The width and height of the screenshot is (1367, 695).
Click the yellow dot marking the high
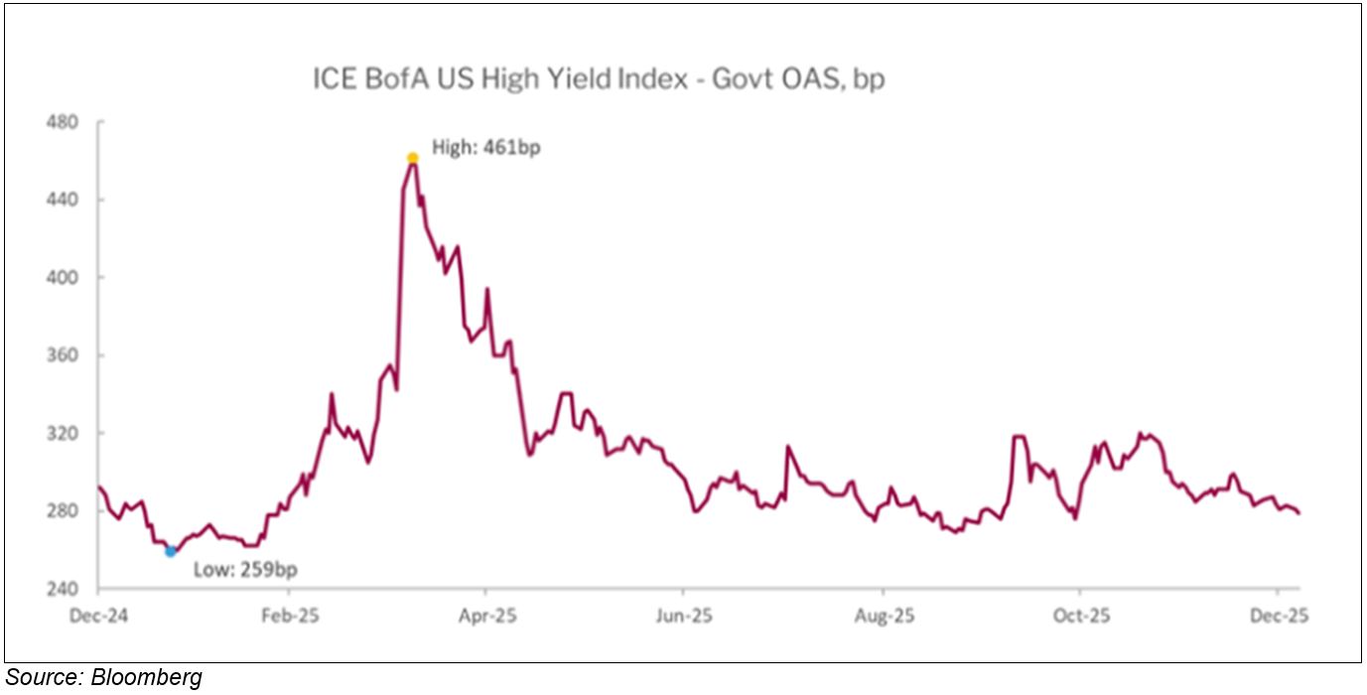pyautogui.click(x=413, y=158)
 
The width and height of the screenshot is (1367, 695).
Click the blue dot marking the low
pyautogui.click(x=171, y=551)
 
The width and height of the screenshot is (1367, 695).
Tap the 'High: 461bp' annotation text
pyautogui.click(x=486, y=150)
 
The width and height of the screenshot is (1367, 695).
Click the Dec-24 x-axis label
pyautogui.click(x=97, y=616)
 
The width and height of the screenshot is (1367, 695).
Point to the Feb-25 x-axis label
pyautogui.click(x=290, y=616)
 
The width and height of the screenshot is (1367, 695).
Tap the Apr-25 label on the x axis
pyautogui.click(x=487, y=616)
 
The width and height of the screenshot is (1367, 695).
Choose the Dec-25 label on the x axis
pyautogui.click(x=1280, y=616)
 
